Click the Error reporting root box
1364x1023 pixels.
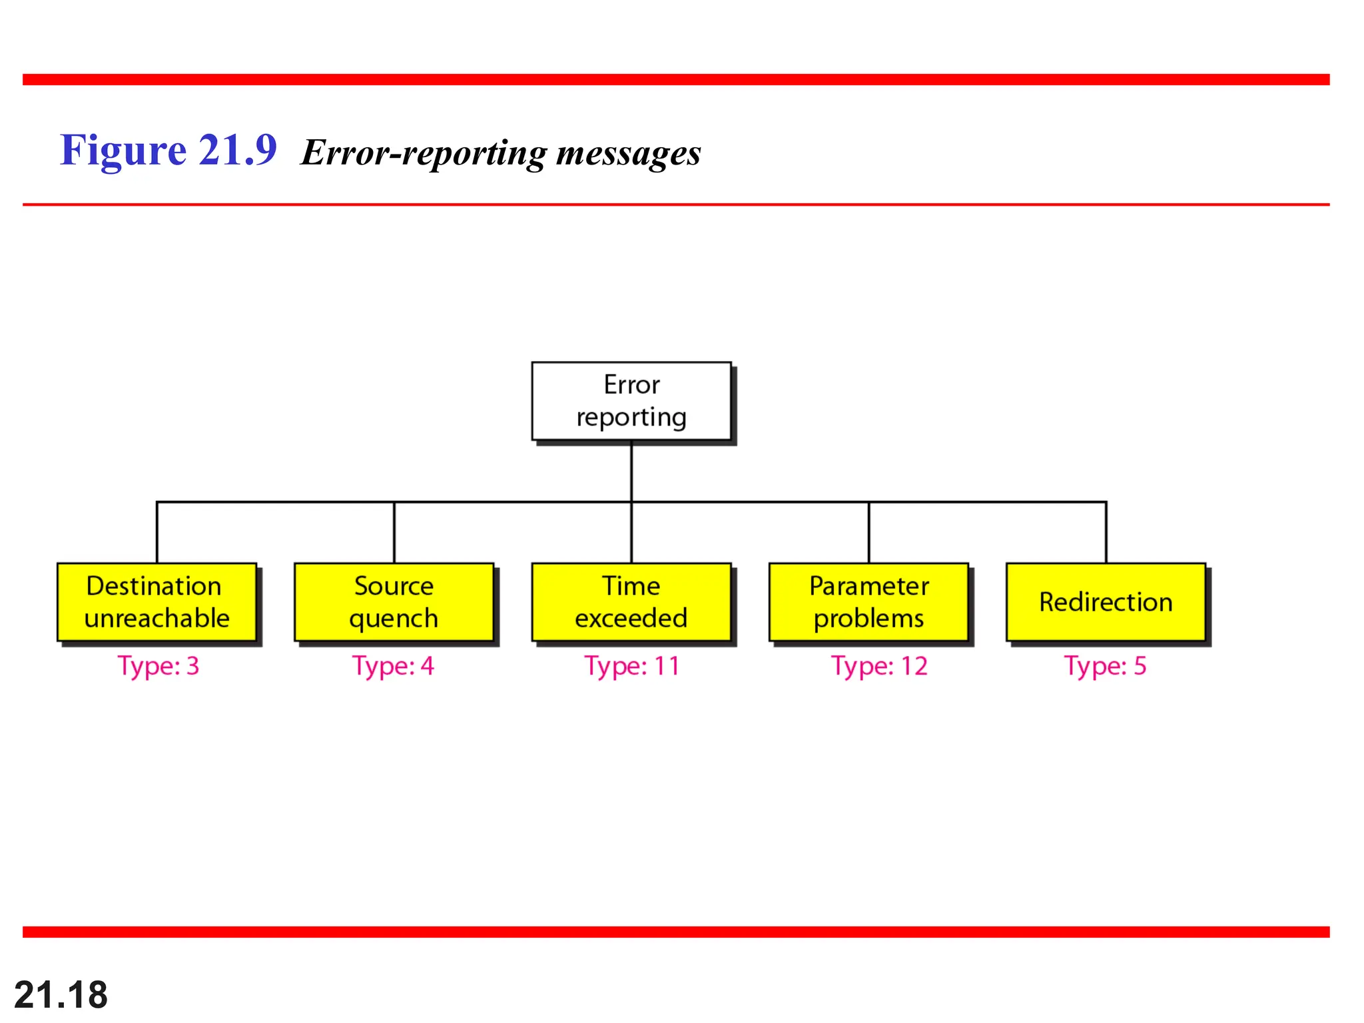tap(631, 401)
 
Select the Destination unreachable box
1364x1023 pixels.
tap(157, 602)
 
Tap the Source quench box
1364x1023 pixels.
tap(394, 602)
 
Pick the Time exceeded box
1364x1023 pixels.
tap(631, 602)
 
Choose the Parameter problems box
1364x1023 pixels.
tap(868, 602)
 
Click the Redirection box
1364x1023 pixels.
tap(1106, 602)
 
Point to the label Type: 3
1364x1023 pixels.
tap(159, 666)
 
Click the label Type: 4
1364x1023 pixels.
tap(394, 666)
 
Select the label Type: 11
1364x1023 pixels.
tap(632, 666)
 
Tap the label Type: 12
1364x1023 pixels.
tap(879, 666)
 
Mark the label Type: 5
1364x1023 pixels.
tap(1106, 666)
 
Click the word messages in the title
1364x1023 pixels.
tap(628, 153)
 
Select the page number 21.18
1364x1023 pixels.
tap(61, 995)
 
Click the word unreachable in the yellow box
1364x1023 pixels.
tap(157, 618)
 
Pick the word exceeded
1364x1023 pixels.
tap(631, 618)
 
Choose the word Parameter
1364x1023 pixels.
tap(868, 586)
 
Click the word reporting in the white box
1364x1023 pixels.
tap(631, 418)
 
